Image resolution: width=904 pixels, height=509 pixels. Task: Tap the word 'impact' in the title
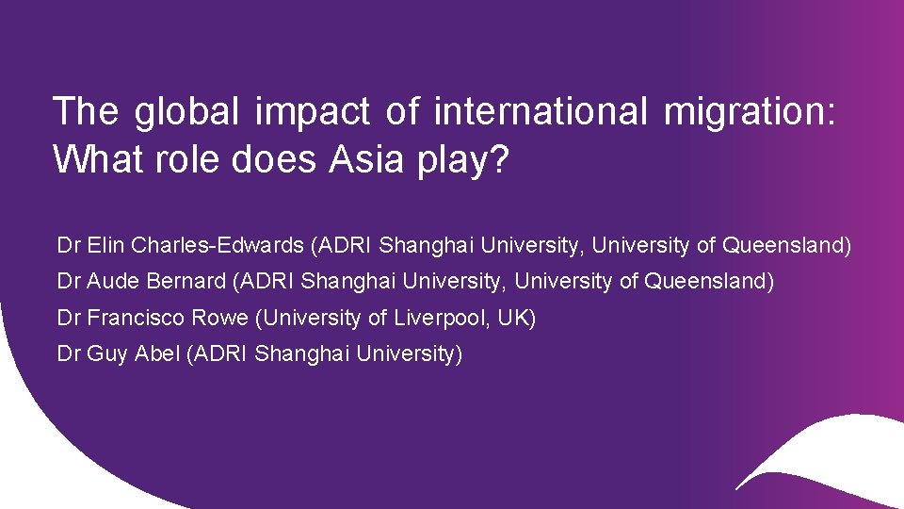point(312,112)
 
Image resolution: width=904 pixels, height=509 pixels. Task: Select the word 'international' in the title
point(541,112)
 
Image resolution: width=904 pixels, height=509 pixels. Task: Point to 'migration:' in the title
point(750,112)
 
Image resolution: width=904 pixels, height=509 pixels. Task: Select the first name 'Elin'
point(106,246)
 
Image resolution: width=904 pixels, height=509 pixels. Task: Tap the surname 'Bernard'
point(185,282)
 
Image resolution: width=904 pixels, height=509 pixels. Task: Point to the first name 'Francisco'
point(135,319)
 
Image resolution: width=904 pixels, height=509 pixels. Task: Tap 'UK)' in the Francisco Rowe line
point(516,319)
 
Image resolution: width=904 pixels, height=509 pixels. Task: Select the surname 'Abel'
point(158,354)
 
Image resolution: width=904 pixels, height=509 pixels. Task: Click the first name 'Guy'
point(106,354)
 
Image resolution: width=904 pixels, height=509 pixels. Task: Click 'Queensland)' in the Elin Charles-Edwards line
point(786,246)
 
